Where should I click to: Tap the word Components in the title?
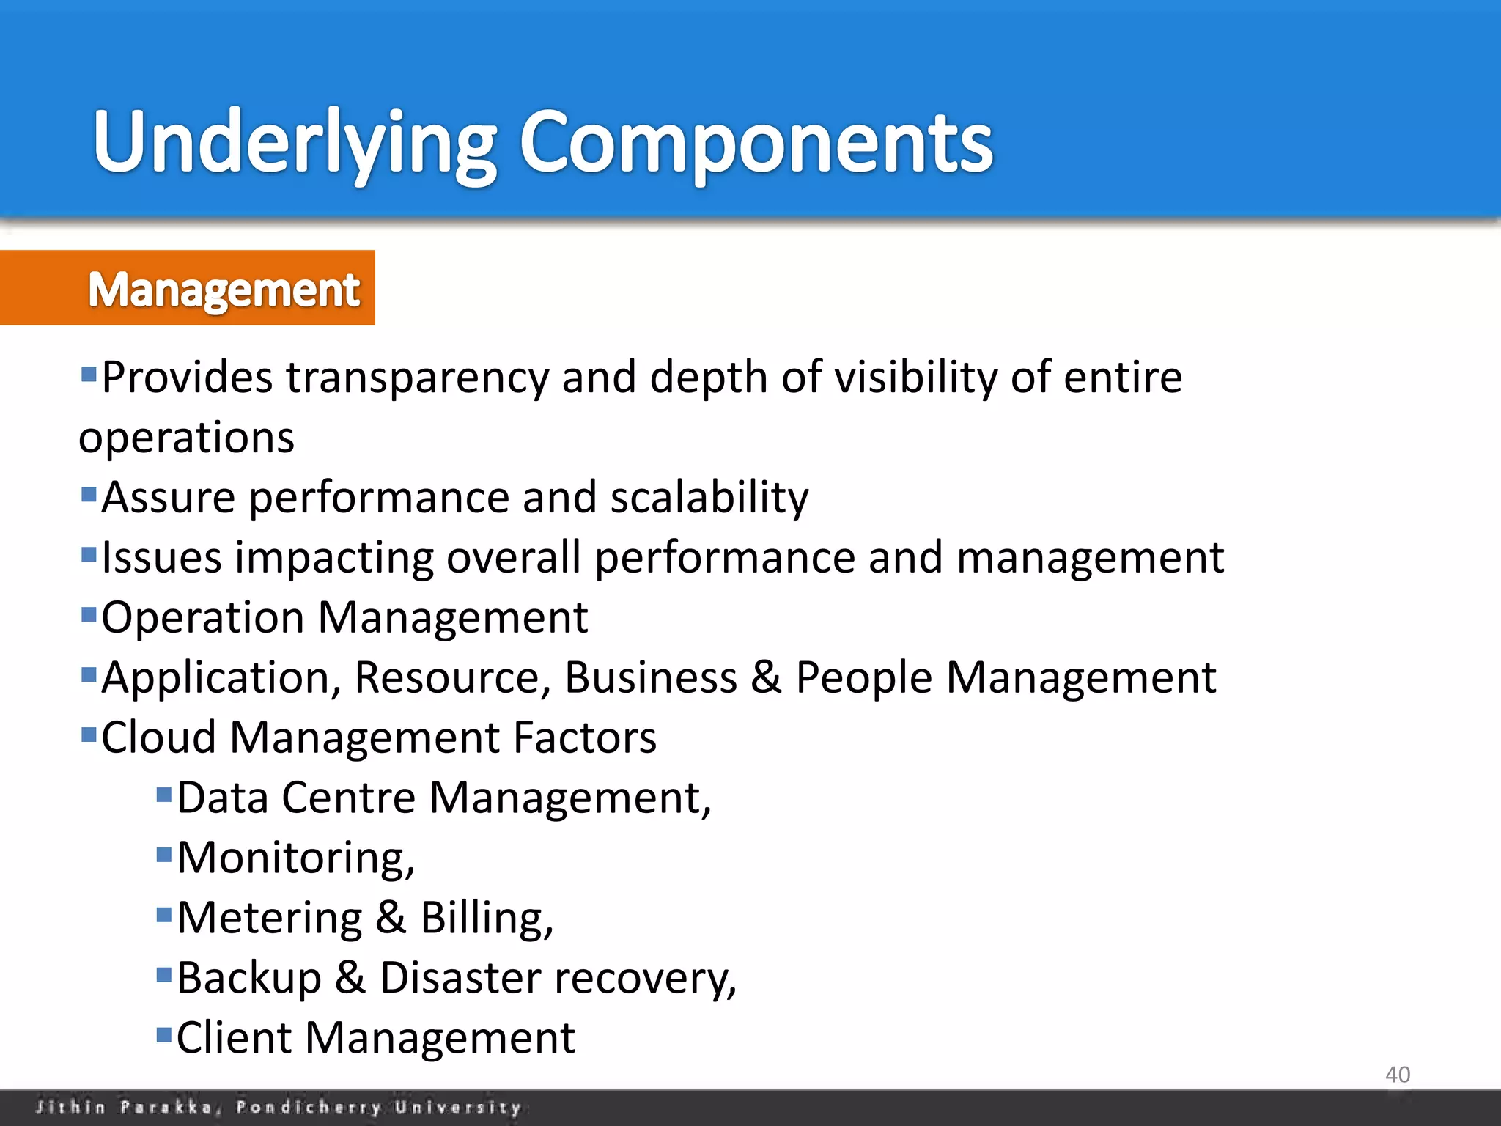pos(756,143)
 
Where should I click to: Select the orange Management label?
pos(224,289)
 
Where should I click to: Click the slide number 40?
pos(1397,1075)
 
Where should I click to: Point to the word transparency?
pos(416,378)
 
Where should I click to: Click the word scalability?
pos(709,498)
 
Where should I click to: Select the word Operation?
pos(202,618)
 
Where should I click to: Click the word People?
pos(863,677)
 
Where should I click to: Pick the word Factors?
pos(584,737)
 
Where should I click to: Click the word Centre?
pos(348,798)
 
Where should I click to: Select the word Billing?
pos(486,918)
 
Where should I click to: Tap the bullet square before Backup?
pos(164,974)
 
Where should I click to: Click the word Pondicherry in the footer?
pos(308,1107)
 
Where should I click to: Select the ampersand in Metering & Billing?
pos(391,918)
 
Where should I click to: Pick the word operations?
pos(186,438)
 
